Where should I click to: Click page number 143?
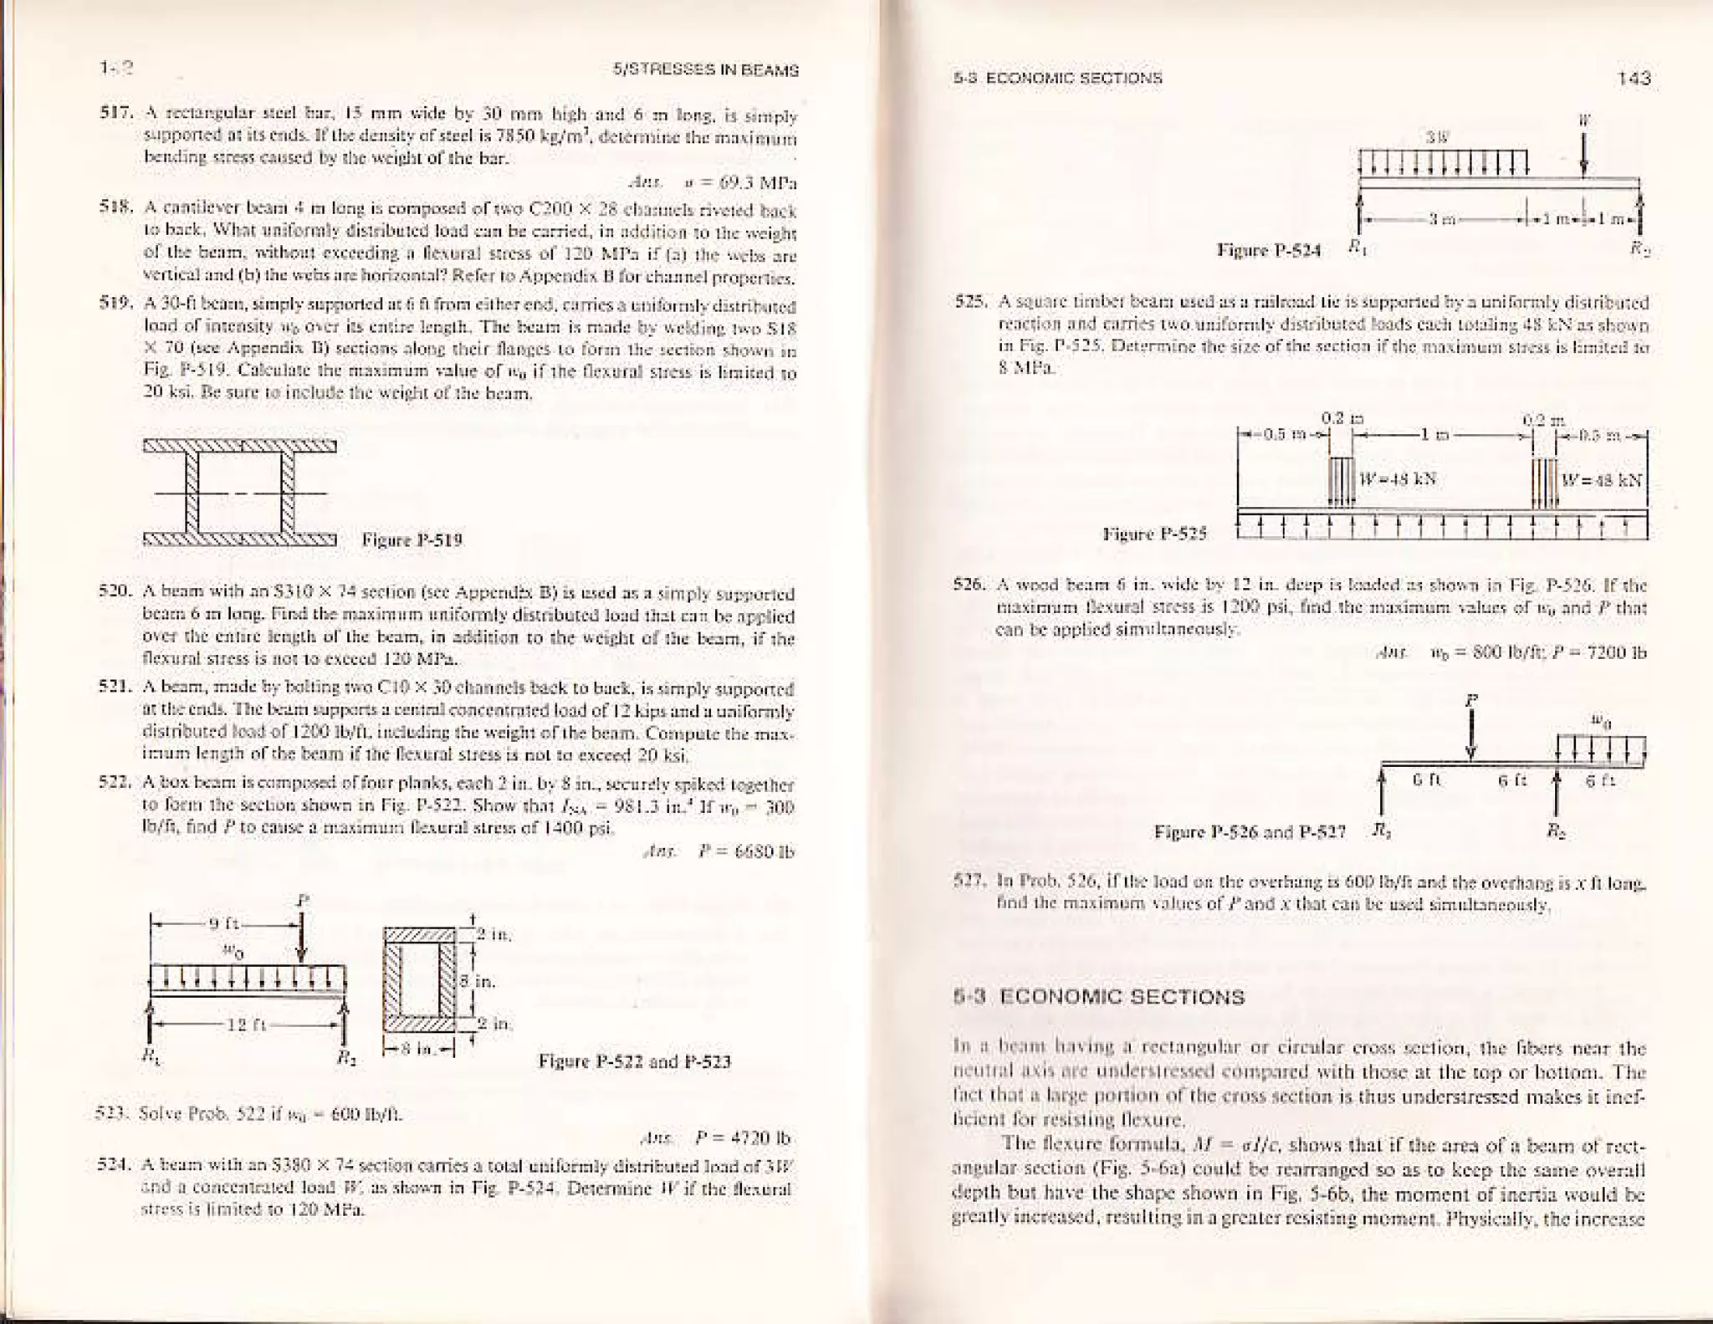coord(1634,79)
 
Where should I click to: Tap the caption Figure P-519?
coord(412,539)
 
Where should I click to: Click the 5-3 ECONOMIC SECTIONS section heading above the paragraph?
coord(1099,997)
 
